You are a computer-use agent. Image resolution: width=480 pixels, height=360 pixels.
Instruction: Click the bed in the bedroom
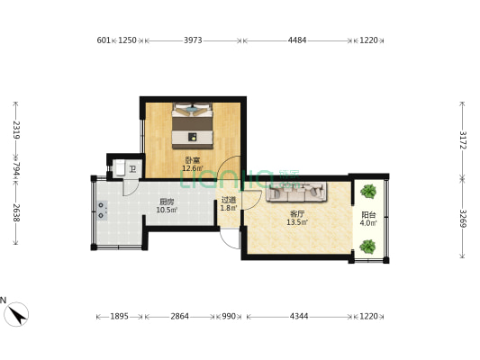point(192,126)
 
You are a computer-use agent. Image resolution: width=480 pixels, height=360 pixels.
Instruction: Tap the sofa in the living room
point(296,192)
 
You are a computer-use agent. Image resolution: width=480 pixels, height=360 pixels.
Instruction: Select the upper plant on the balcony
point(368,192)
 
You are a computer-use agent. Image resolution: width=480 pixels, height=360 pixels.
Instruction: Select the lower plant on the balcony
point(367,247)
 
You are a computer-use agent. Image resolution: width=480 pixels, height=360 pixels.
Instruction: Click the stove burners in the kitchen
point(102,211)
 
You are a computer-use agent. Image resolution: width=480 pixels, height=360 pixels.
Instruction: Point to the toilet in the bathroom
point(120,168)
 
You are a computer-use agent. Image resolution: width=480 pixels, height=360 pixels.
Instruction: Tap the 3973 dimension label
point(193,40)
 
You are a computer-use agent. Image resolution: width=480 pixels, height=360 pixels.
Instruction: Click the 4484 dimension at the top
point(297,40)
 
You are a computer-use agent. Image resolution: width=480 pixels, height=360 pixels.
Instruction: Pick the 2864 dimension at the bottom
point(180,316)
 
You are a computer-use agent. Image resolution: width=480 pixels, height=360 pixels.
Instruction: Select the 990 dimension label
point(229,316)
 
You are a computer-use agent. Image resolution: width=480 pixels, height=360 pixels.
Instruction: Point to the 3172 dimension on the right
point(463,140)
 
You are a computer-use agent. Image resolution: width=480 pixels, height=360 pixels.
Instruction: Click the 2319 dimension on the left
point(16,130)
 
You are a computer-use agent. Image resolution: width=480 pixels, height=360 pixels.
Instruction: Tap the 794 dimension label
point(16,169)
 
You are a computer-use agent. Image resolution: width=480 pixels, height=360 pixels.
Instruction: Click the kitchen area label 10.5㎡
point(167,210)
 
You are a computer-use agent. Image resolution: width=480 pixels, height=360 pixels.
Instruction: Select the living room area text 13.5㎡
point(297,222)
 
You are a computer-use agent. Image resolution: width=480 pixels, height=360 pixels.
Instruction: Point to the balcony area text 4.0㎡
point(368,223)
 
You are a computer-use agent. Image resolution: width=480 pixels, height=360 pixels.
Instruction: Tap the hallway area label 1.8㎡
point(229,208)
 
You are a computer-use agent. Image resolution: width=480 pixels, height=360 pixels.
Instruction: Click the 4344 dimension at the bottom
point(299,316)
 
